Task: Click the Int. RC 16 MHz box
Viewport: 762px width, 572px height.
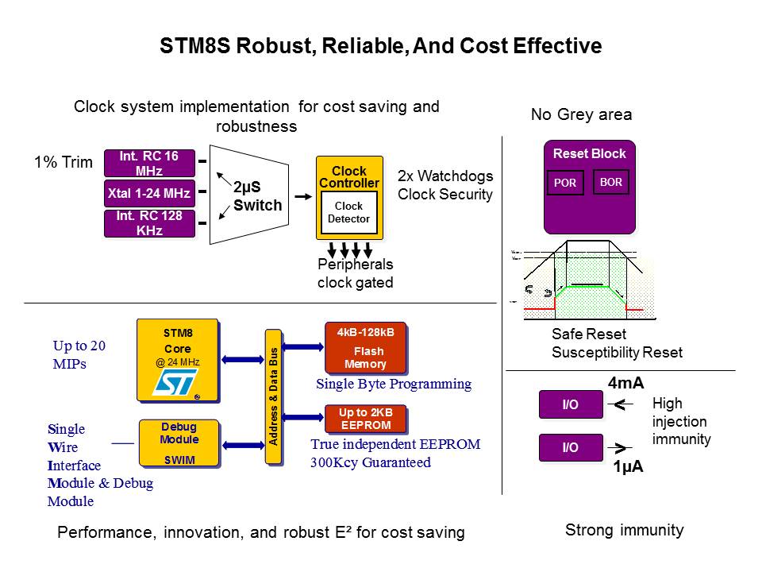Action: point(149,164)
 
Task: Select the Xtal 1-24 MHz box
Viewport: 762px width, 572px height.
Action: point(149,193)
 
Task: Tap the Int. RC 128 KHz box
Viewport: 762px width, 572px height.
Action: point(149,223)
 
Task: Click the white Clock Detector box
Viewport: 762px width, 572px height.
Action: point(349,212)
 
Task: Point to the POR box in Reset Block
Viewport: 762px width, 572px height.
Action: point(565,183)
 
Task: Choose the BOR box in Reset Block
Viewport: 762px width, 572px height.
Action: point(611,182)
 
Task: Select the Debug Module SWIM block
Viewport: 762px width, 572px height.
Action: point(179,443)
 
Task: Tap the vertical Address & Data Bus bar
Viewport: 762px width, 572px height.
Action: point(274,405)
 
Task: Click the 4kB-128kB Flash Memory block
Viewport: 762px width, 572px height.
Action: point(365,347)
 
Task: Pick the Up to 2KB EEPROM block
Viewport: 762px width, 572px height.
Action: point(365,419)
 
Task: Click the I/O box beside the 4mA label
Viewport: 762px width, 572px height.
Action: point(570,405)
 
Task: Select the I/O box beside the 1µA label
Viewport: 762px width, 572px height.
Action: point(570,447)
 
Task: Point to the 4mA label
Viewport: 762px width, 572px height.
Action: point(625,384)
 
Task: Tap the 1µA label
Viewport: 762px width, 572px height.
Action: point(627,467)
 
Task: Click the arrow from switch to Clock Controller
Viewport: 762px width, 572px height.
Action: point(302,195)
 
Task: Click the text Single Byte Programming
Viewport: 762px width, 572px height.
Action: point(394,385)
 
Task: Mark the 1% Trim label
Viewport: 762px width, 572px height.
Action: point(63,164)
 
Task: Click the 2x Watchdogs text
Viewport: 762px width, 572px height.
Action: point(445,176)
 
